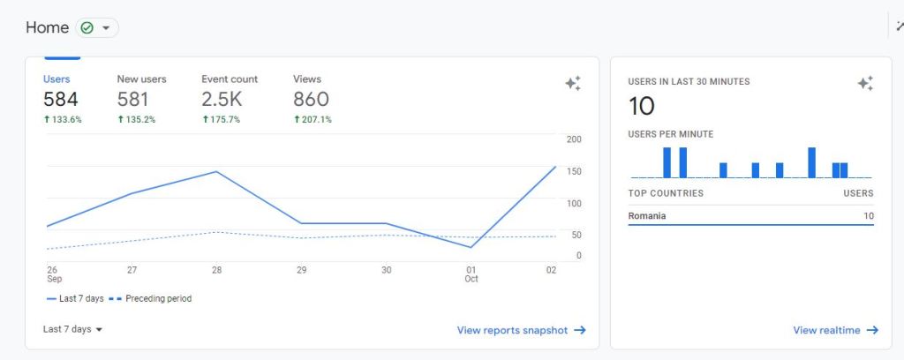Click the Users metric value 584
coord(61,100)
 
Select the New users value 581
coord(133,100)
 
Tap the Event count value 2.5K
coord(222,100)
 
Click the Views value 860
coord(311,100)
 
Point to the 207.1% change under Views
coord(313,120)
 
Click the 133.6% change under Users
coord(63,120)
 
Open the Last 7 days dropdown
coord(72,329)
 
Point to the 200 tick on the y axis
coord(574,139)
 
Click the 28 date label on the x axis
coord(216,270)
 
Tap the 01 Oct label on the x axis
coord(471,274)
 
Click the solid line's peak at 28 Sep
coord(216,171)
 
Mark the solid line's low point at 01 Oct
coord(471,247)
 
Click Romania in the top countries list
coord(647,216)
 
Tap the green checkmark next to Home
coord(87,28)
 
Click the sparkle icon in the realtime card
coord(865,84)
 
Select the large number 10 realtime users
coord(642,107)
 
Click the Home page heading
coord(48,28)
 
